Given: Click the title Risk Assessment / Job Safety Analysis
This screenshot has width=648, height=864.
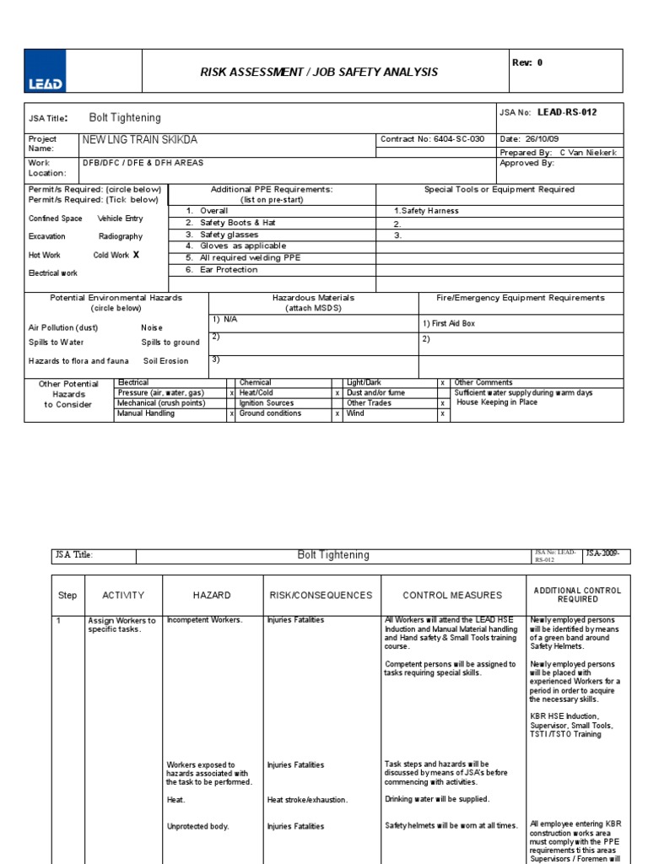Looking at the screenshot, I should tap(319, 73).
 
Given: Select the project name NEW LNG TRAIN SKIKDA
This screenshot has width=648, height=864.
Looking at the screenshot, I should tap(140, 139).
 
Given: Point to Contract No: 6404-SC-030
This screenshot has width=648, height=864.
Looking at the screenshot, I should tap(433, 139).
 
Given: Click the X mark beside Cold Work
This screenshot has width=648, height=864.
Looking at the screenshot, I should tap(136, 254).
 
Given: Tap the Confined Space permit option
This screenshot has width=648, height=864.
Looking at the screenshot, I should tap(56, 219).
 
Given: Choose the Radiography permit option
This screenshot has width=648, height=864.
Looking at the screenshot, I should tap(121, 237).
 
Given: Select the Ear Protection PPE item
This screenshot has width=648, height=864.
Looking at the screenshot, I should tap(229, 270).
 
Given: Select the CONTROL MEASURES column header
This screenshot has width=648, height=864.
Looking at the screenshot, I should tap(452, 596).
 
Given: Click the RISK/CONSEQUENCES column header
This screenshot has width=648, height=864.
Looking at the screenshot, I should tap(321, 596).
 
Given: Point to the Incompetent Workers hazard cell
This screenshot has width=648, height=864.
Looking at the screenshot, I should tap(204, 620).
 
